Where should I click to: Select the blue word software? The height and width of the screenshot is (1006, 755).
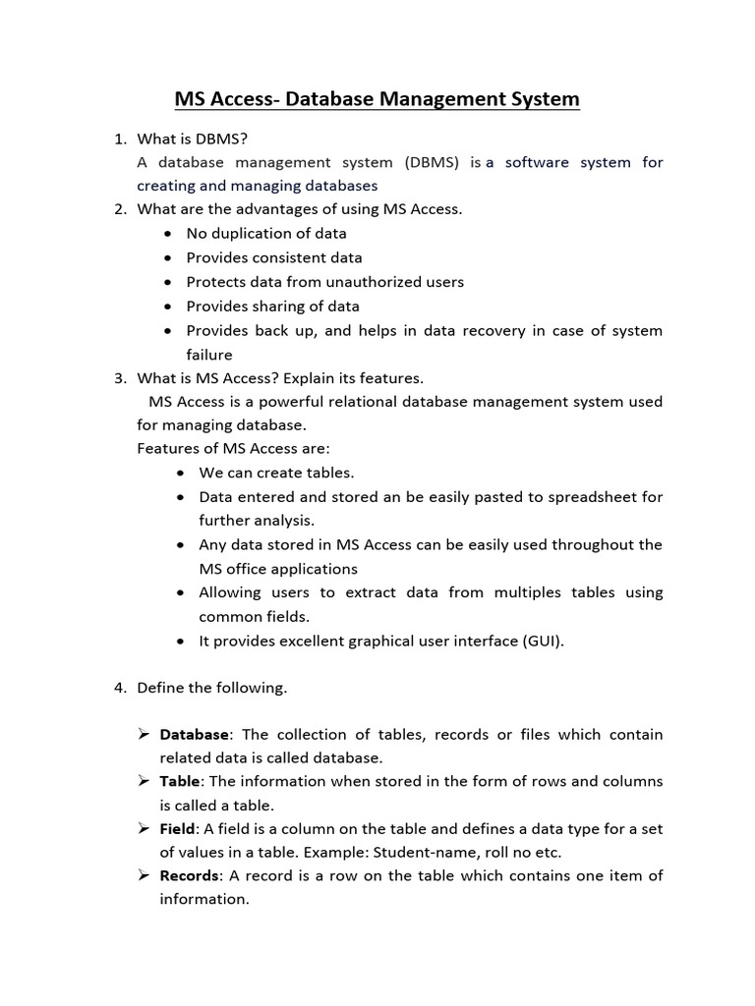click(545, 162)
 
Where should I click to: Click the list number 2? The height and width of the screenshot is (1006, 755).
click(119, 209)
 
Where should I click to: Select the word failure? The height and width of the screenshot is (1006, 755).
click(208, 355)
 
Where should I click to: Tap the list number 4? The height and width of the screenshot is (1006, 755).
click(119, 688)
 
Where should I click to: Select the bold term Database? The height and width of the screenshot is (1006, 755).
click(194, 735)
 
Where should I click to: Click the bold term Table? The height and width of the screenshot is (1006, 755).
click(180, 782)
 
